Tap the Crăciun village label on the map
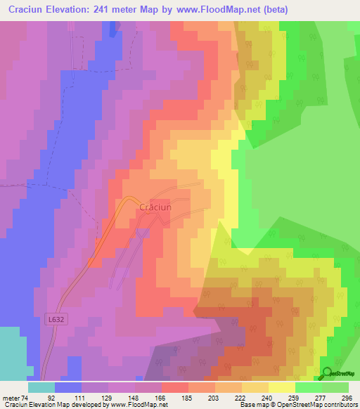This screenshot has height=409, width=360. pos(155,207)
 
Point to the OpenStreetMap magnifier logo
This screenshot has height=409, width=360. pos(327,374)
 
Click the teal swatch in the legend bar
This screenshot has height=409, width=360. pos(41,387)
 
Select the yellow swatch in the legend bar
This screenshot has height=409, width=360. pos(281,387)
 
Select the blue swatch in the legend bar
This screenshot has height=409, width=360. pos(68,387)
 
